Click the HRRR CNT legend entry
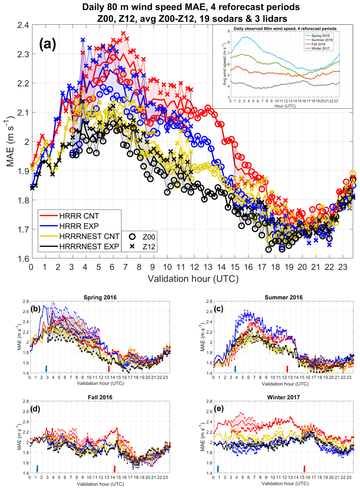click(79, 216)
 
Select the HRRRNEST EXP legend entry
click(89, 246)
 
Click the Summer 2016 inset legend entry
click(322, 40)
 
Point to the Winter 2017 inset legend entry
click(320, 48)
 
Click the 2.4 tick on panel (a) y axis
click(23, 25)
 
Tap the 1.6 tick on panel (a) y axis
click(23, 259)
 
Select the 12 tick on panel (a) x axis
click(194, 267)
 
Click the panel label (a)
click(48, 44)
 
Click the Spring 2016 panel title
click(100, 297)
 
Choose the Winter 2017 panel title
click(283, 397)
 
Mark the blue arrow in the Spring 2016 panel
click(46, 369)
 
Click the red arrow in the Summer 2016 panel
click(287, 369)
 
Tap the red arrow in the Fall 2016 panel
click(115, 469)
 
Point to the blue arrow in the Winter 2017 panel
click(218, 469)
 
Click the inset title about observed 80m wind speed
click(285, 29)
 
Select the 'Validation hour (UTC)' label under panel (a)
click(193, 279)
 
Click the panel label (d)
click(35, 409)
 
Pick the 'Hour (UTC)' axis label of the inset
click(285, 106)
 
